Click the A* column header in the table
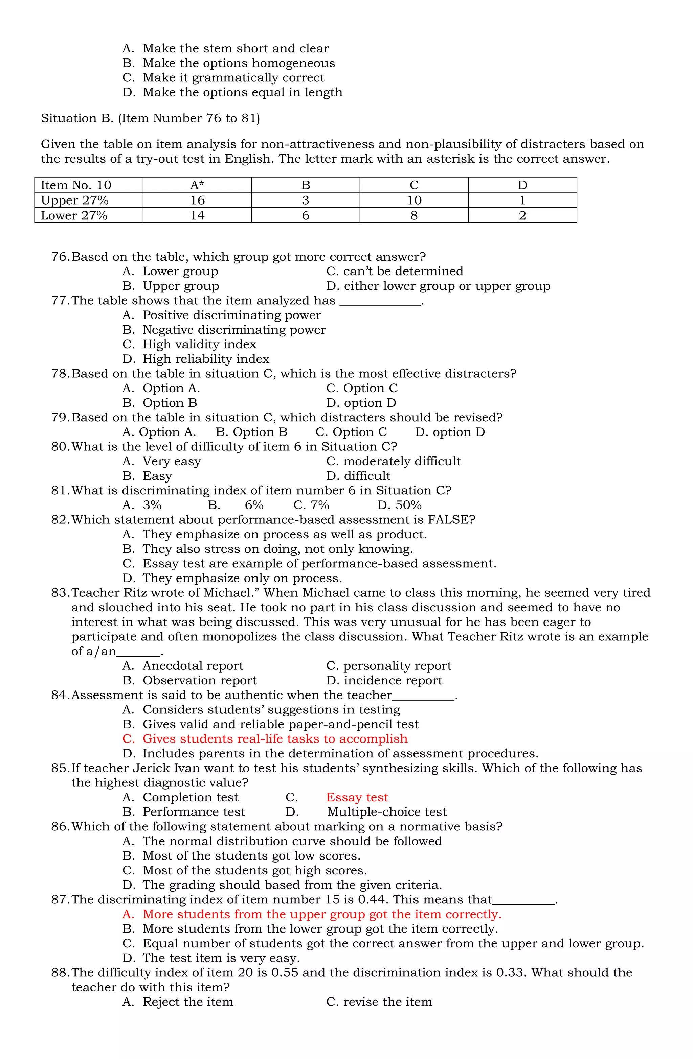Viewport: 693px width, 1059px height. (197, 185)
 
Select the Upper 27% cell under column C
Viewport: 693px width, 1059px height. (414, 200)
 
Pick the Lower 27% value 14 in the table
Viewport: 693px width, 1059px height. (197, 215)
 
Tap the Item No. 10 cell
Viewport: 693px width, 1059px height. (76, 185)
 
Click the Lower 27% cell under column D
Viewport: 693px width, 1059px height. (522, 215)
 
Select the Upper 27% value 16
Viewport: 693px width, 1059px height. (197, 200)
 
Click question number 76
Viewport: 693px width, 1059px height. (60, 257)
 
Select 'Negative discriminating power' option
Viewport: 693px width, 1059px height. (234, 330)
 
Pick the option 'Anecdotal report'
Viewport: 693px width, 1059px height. (193, 666)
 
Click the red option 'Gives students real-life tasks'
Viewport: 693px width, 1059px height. (275, 739)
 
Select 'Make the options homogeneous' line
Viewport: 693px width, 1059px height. (239, 63)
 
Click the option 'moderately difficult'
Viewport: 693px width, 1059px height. (402, 461)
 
